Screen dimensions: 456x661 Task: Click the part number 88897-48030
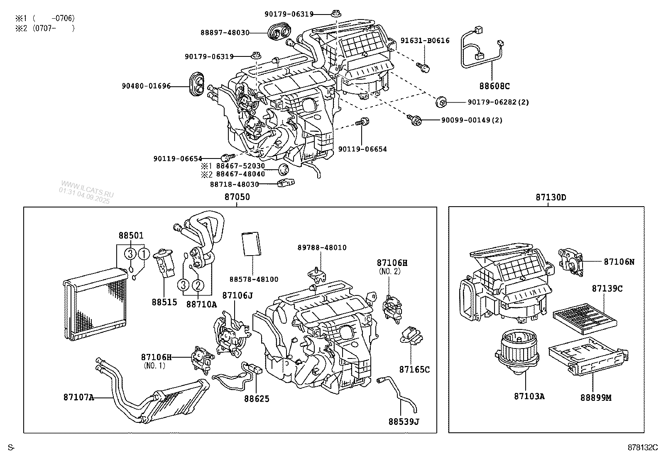tap(225, 33)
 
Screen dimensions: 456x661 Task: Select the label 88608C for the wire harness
tap(494, 86)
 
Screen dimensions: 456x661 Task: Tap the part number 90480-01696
tap(146, 86)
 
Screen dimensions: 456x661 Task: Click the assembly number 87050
tap(237, 197)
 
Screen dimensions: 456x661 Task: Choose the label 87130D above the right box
tap(550, 198)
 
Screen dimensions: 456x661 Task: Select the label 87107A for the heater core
tap(78, 397)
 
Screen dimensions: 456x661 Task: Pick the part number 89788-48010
tap(322, 248)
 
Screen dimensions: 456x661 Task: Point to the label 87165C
tap(414, 369)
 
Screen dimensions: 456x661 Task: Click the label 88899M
tap(596, 397)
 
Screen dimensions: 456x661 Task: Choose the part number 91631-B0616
tap(425, 41)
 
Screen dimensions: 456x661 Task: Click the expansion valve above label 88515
tap(164, 262)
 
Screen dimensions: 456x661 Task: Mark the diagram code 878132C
tap(643, 447)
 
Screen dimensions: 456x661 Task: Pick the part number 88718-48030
tap(234, 184)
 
